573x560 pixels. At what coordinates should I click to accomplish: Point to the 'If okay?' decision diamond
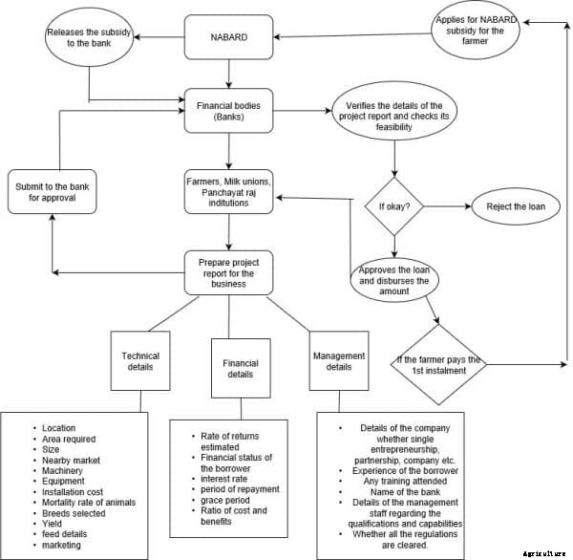coord(394,205)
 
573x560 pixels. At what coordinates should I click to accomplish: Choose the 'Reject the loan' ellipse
coord(512,205)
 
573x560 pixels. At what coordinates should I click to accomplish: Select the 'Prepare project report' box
coord(229,272)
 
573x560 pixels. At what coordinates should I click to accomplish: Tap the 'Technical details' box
coord(140,360)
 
